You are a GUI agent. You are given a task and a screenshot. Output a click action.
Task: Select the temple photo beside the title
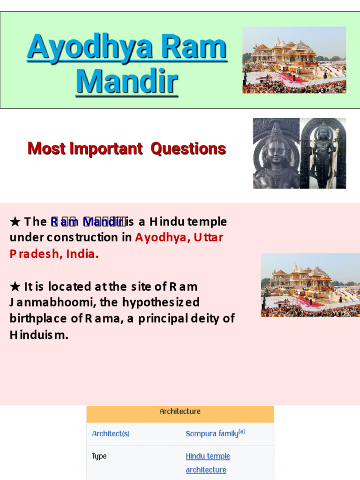click(x=294, y=60)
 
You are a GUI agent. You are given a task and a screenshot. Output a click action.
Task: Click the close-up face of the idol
click(x=276, y=153)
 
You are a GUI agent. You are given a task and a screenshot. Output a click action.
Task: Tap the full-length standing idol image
click(x=323, y=153)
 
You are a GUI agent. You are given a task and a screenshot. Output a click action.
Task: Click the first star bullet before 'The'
click(x=15, y=222)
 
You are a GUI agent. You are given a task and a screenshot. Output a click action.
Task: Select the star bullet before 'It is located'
click(x=15, y=286)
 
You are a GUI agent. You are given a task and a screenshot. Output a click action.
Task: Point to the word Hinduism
click(x=39, y=335)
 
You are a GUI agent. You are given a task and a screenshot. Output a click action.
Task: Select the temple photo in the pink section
click(x=310, y=285)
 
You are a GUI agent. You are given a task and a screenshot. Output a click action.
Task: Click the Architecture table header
click(x=180, y=412)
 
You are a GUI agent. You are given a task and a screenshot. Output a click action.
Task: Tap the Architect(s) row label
click(x=111, y=434)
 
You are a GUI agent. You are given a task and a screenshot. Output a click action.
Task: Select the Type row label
click(x=99, y=457)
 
